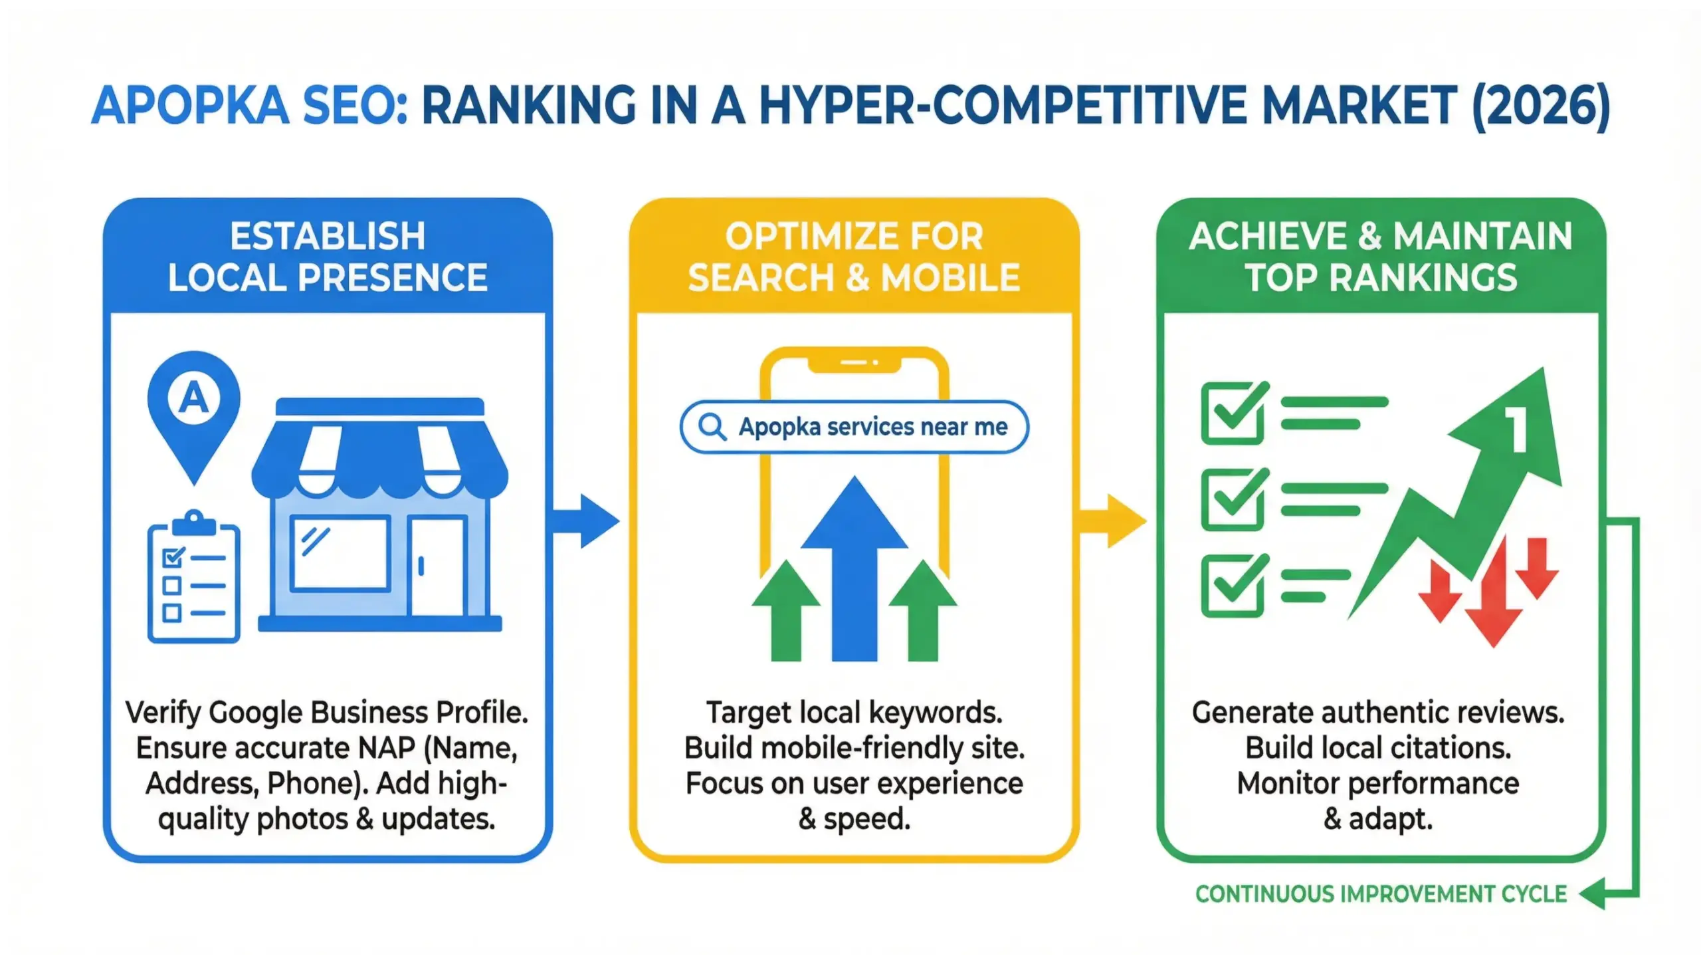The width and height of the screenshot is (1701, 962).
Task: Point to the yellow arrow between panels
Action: [1114, 521]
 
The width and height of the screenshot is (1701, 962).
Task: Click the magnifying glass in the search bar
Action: [712, 427]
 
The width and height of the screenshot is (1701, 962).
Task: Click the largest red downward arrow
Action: [1494, 598]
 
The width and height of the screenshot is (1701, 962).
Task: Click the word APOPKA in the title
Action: [190, 106]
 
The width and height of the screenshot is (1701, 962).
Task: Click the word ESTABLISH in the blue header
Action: [328, 237]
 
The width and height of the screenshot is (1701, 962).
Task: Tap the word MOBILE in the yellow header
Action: [950, 278]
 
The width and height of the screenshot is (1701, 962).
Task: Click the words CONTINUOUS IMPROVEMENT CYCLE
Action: [1381, 894]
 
